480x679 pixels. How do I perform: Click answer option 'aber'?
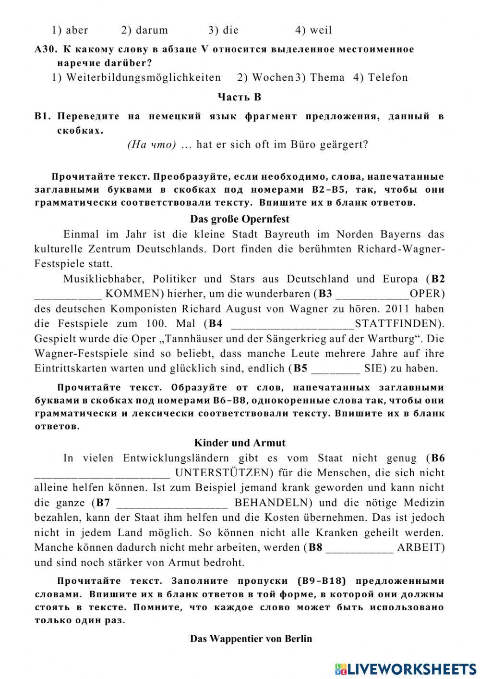[76, 30]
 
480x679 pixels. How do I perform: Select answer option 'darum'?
[151, 30]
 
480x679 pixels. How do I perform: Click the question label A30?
[46, 49]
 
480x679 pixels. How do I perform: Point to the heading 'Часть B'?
[240, 97]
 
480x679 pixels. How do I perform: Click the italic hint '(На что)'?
[152, 145]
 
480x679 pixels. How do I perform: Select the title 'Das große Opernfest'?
[240, 219]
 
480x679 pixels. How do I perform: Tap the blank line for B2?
[68, 294]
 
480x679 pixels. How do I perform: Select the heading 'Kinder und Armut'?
[240, 443]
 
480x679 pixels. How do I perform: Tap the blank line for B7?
[172, 504]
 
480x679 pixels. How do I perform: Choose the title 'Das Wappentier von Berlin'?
[251, 639]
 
